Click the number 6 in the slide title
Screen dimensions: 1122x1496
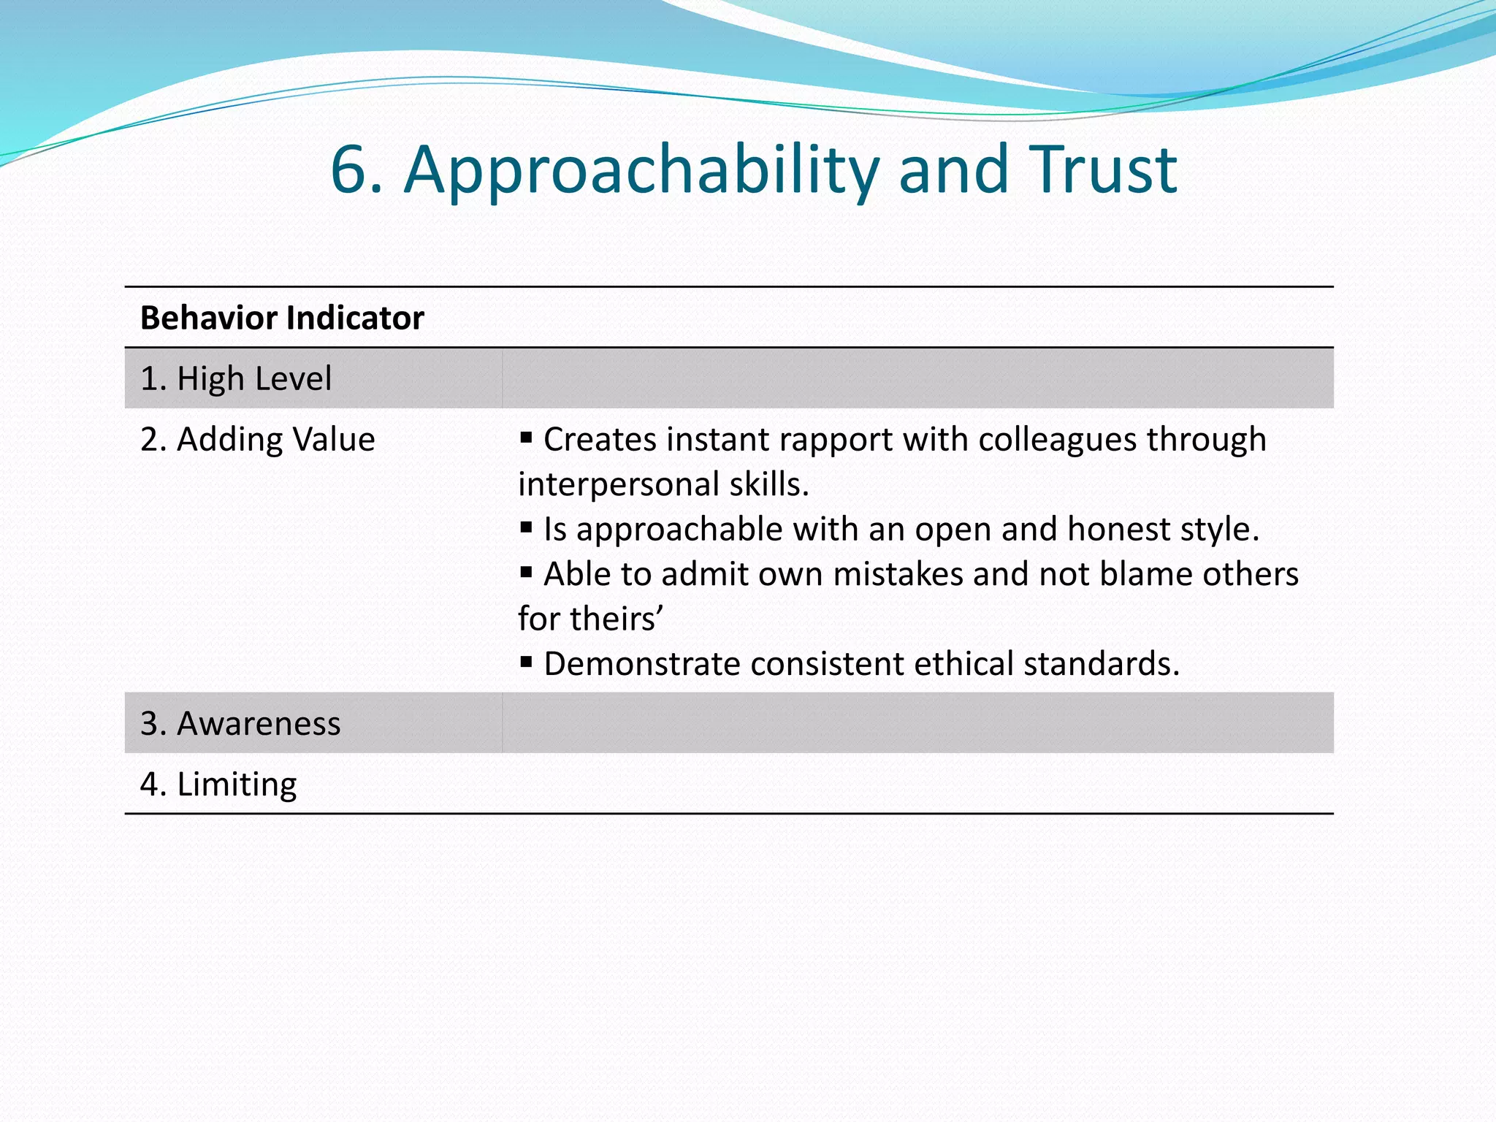pos(355,169)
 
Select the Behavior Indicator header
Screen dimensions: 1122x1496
pos(282,318)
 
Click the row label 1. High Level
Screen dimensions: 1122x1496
pos(235,378)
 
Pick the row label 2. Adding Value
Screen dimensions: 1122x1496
pos(257,439)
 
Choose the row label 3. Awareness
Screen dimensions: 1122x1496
pos(240,723)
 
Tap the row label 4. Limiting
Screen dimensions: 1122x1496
pos(218,784)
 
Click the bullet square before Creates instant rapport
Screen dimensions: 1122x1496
pos(526,438)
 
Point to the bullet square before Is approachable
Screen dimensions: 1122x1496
pos(526,527)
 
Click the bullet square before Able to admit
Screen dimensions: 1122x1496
pos(526,572)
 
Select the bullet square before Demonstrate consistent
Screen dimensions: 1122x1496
pos(526,662)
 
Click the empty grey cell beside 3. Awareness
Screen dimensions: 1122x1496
pos(917,723)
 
